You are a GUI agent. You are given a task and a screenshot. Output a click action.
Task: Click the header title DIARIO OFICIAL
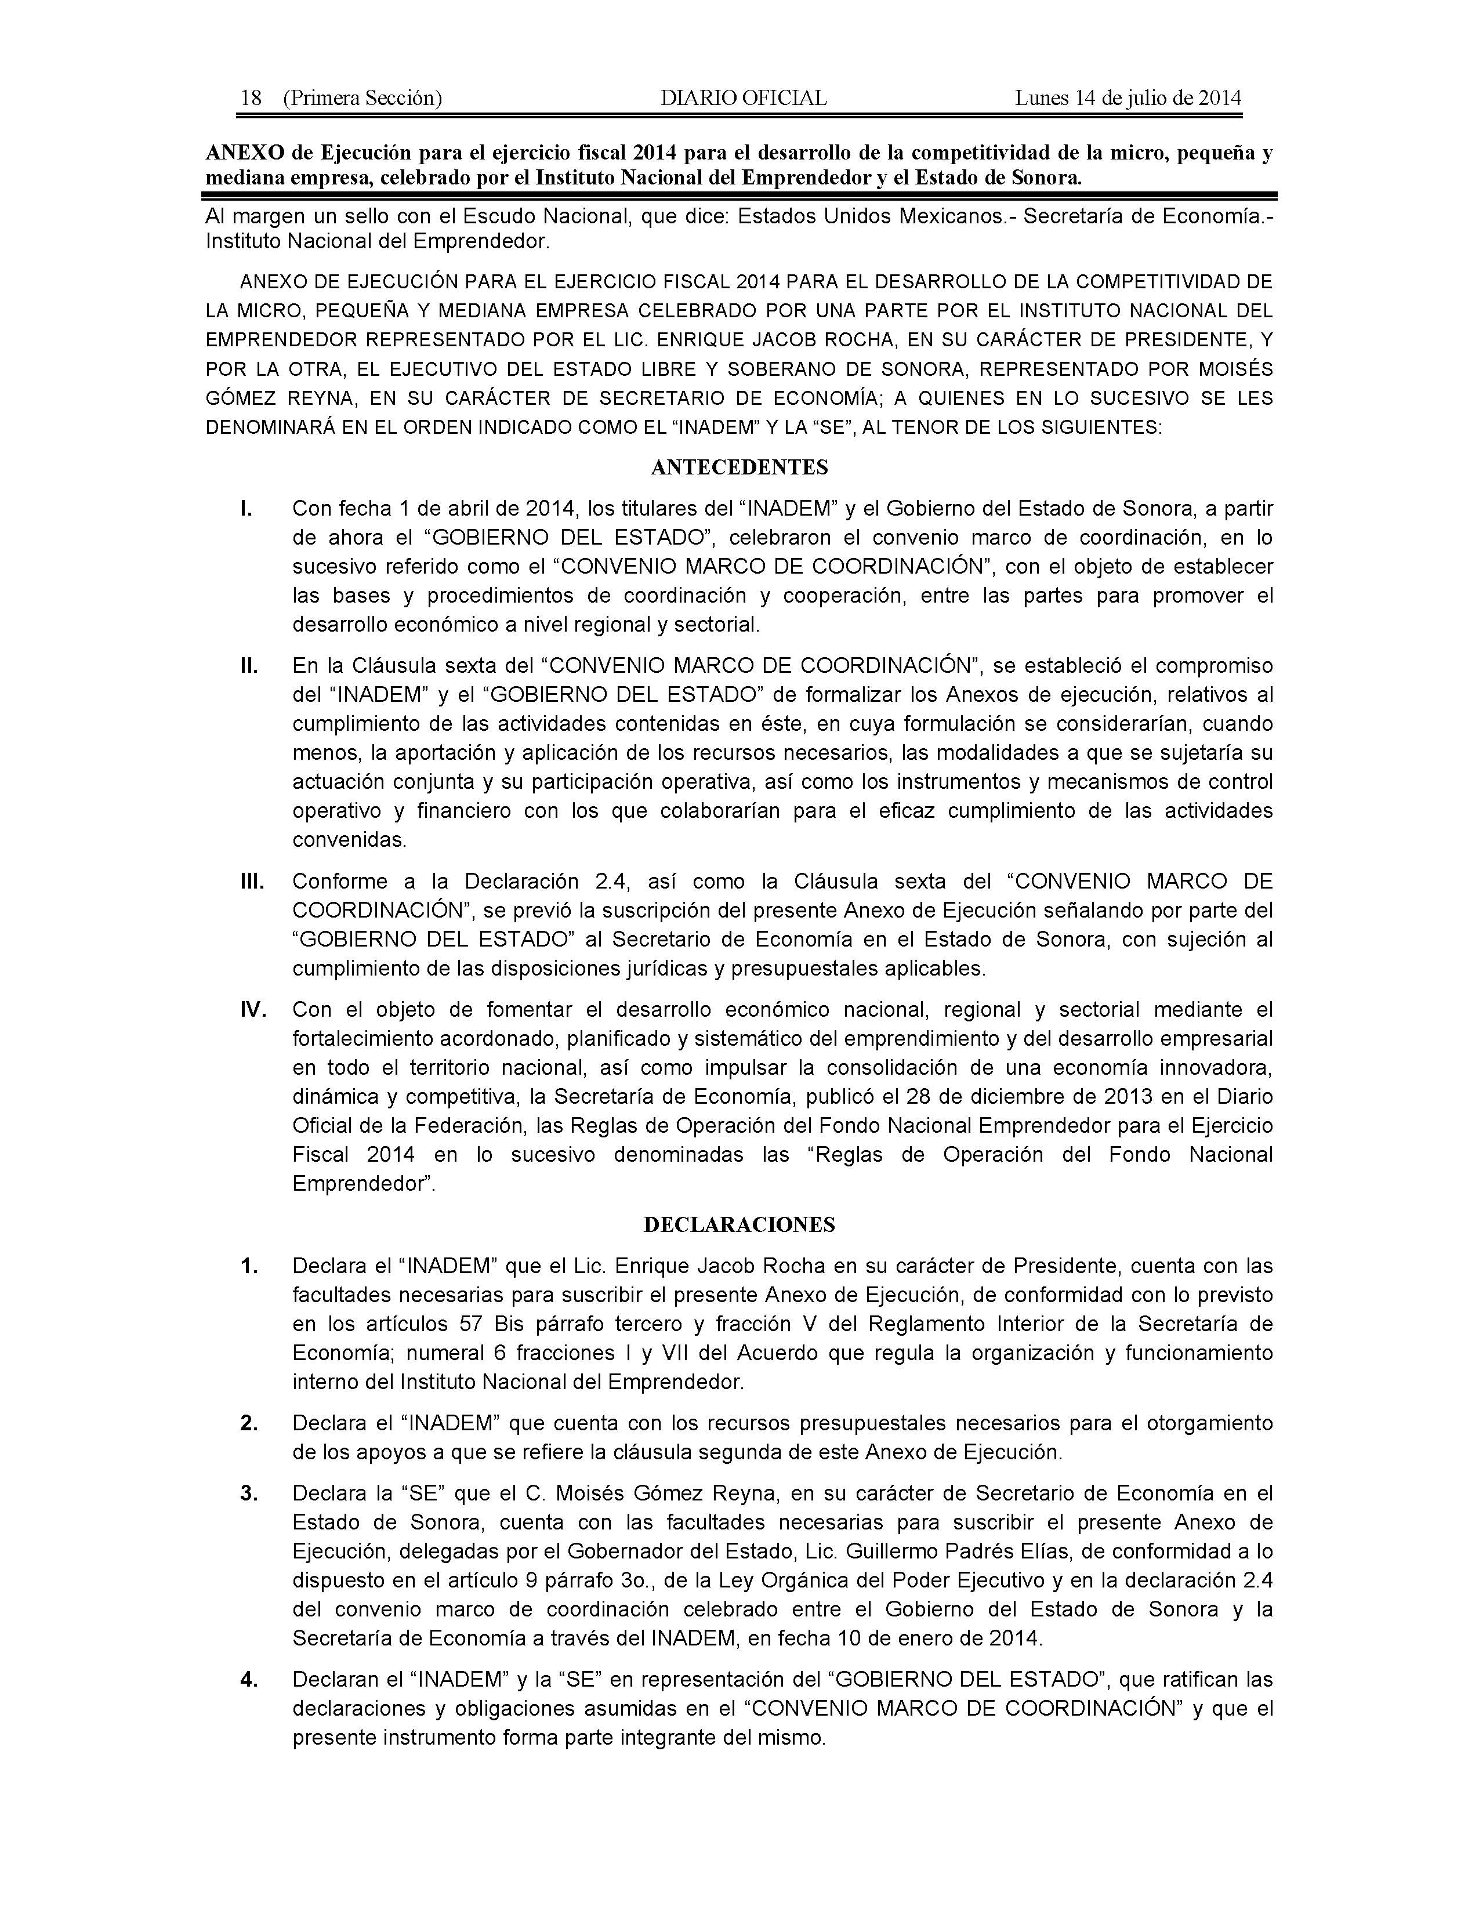click(x=743, y=98)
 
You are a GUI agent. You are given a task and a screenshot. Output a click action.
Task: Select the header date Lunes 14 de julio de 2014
click(x=1128, y=98)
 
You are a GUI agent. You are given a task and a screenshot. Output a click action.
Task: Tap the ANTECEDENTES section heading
click(x=739, y=467)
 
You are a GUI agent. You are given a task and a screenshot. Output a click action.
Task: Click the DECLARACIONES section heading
click(x=739, y=1224)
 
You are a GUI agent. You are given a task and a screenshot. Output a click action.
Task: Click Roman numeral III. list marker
click(x=252, y=881)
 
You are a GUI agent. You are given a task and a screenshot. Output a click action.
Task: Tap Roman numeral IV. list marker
click(x=253, y=1010)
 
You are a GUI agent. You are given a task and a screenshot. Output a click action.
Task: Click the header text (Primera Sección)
click(x=362, y=98)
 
